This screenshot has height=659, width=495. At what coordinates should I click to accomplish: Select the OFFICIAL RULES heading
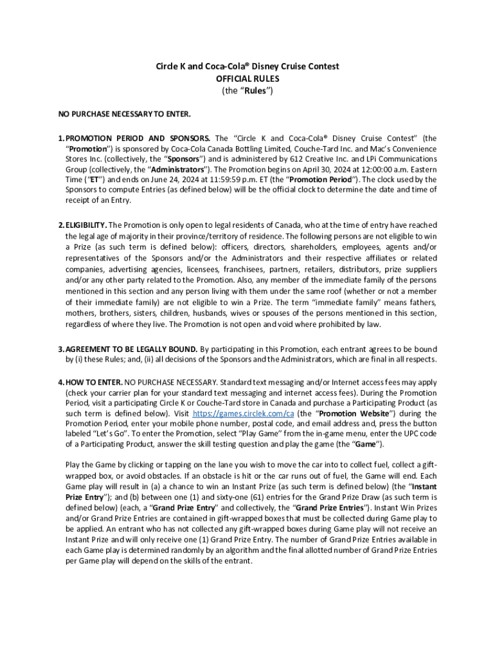pyautogui.click(x=248, y=79)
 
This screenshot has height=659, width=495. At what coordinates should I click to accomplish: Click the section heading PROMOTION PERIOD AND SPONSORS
pyautogui.click(x=138, y=138)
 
